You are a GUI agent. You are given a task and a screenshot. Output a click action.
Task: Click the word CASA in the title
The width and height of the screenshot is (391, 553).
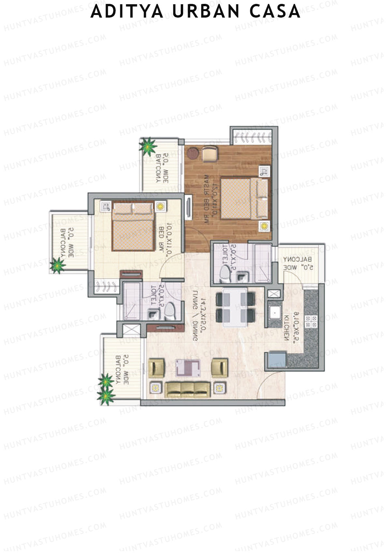(275, 12)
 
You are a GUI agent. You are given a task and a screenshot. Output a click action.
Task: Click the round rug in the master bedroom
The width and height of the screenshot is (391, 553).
(192, 153)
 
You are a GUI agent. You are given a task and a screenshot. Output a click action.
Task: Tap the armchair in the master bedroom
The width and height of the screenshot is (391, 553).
(209, 153)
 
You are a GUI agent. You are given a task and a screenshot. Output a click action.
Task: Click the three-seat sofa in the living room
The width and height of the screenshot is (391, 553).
(187, 389)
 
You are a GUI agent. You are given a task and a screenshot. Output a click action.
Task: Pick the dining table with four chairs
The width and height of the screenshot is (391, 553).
(235, 307)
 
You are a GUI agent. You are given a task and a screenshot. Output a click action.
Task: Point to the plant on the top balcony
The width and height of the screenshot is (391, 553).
(148, 145)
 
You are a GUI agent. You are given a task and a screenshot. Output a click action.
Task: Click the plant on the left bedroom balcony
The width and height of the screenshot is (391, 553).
(58, 265)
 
